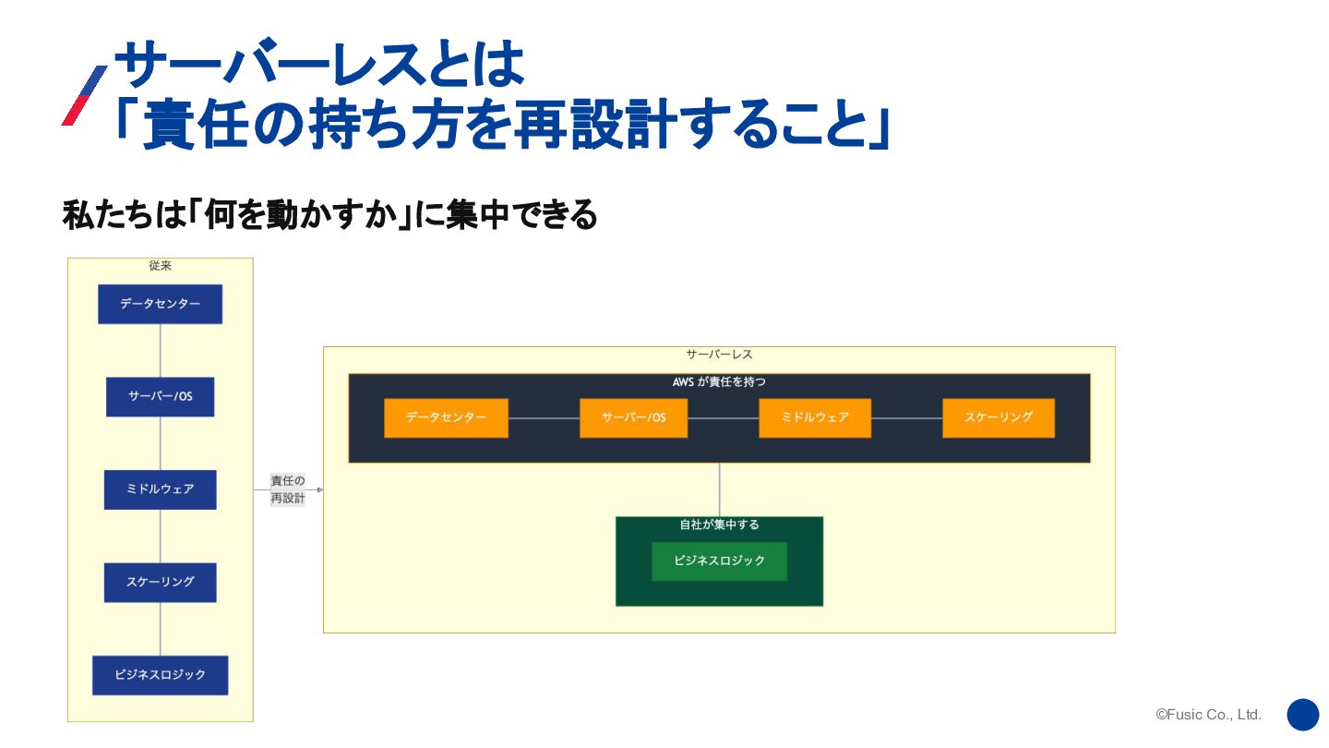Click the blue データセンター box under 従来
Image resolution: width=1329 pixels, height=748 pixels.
click(160, 304)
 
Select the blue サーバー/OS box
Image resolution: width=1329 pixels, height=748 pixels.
click(160, 397)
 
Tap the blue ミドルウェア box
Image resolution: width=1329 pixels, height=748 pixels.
click(160, 489)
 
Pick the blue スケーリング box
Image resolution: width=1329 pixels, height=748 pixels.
click(160, 583)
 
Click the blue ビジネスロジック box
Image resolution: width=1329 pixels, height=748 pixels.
click(160, 675)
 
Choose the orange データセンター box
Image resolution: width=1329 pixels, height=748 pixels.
click(446, 418)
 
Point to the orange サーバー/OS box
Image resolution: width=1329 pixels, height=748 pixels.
click(633, 418)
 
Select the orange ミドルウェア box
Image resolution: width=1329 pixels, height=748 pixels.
click(815, 418)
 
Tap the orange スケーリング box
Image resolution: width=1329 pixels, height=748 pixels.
click(998, 418)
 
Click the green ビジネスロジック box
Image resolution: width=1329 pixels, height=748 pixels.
click(719, 561)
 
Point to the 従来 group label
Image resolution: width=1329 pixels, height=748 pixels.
click(160, 266)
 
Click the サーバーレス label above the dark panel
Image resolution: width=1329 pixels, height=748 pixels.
click(719, 355)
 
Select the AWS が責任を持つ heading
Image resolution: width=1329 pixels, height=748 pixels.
click(719, 381)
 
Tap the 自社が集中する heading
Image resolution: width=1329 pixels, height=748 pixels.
click(719, 525)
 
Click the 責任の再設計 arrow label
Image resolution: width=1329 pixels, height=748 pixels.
click(287, 489)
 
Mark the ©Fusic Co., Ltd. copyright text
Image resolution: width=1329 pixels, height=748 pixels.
click(1208, 715)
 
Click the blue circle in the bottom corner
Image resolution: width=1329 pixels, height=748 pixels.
click(1302, 715)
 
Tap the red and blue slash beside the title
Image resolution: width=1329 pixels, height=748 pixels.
click(84, 96)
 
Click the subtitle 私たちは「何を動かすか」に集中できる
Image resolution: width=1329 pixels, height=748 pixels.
click(329, 216)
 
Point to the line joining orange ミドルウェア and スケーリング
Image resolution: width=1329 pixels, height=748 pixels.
click(906, 418)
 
